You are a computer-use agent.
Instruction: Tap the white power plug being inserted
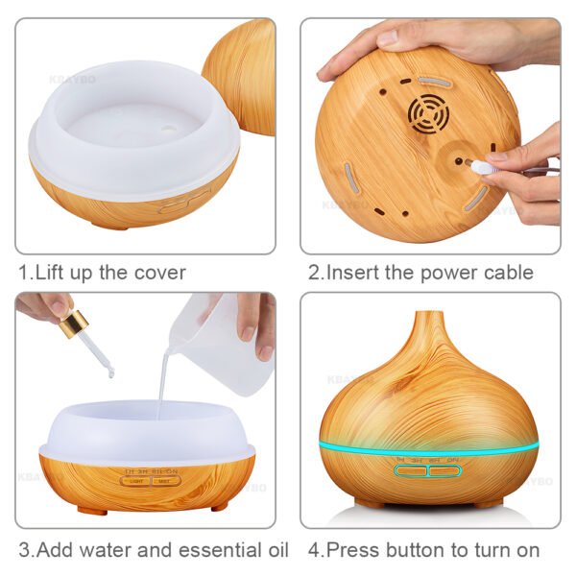click(x=484, y=167)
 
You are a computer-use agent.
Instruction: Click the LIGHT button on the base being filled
click(x=135, y=480)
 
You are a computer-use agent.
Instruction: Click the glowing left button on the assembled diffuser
click(x=411, y=471)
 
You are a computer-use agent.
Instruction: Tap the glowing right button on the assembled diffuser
click(x=445, y=471)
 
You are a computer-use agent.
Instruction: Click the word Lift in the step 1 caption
click(x=53, y=273)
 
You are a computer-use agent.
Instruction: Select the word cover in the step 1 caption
click(x=159, y=273)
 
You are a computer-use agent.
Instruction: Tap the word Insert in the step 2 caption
click(x=354, y=273)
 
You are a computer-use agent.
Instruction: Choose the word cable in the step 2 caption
click(x=507, y=273)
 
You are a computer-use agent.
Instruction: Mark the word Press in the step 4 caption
click(x=354, y=551)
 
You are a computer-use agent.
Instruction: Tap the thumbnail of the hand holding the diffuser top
click(x=430, y=134)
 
